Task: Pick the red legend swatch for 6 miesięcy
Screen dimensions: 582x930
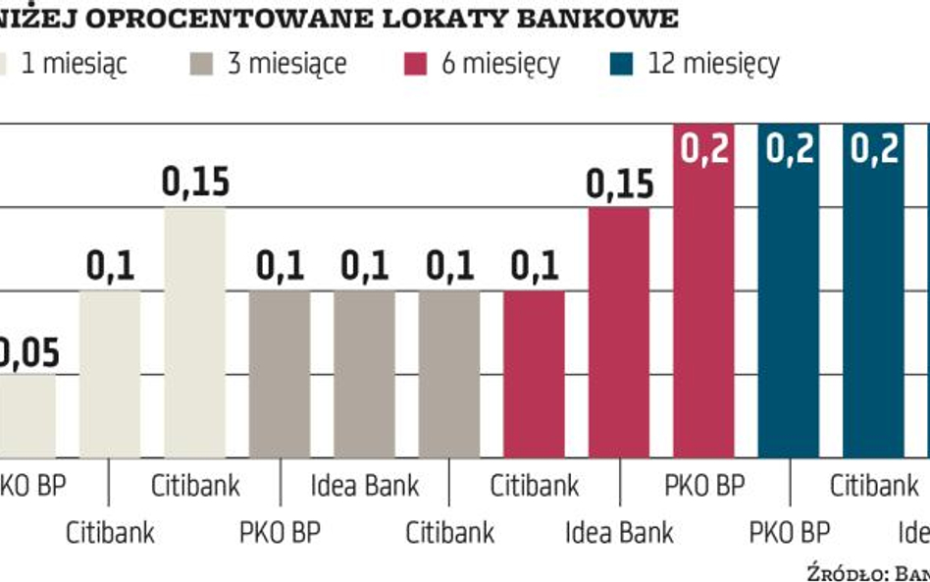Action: click(x=418, y=65)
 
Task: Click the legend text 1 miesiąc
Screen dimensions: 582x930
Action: click(x=75, y=65)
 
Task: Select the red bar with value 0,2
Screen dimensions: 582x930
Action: click(x=703, y=294)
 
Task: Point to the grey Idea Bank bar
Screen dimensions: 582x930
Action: click(x=364, y=373)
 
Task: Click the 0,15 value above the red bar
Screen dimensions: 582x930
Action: click(x=619, y=184)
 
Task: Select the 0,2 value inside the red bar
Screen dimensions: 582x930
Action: click(x=703, y=150)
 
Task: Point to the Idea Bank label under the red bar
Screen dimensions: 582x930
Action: click(x=619, y=533)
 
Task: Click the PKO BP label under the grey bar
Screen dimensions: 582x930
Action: click(x=280, y=533)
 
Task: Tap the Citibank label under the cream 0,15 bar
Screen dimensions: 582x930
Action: click(x=195, y=486)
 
